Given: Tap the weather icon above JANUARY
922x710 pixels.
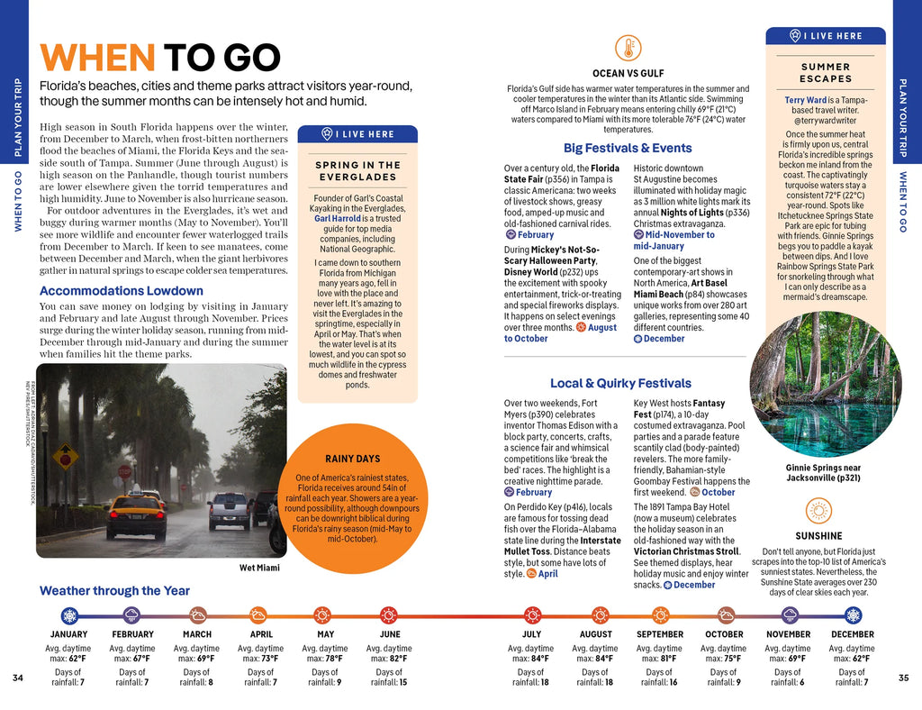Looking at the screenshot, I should coord(69,615).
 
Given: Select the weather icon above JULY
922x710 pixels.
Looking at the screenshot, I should coord(532,615).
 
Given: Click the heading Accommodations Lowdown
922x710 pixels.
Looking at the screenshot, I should coord(122,291).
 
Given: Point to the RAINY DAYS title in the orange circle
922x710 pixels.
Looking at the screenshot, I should coord(353,459).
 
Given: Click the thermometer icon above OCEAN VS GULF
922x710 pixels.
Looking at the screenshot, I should coord(628,49).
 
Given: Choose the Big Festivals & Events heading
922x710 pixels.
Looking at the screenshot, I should coord(628,148).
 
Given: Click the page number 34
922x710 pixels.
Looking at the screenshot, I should coord(18,678).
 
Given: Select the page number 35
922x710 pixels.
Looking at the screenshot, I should coord(904,678).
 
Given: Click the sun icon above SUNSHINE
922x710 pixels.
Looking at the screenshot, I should coord(818,511).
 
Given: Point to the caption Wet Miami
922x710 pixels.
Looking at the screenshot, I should coord(259,568).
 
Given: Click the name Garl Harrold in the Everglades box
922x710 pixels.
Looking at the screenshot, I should coord(337,218).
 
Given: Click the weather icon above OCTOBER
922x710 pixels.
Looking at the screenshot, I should coord(725,615).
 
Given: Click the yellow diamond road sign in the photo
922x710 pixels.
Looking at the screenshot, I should coord(65,459).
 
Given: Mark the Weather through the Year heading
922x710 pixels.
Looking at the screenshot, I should coord(114,591).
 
